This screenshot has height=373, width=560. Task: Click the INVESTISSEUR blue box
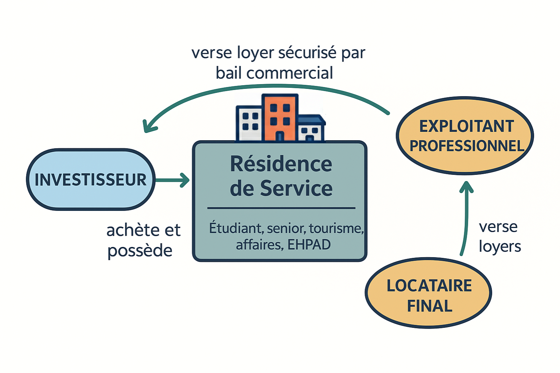click(x=91, y=180)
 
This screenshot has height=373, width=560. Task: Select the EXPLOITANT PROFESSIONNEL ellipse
click(x=465, y=136)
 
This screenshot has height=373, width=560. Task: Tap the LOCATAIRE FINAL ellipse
click(x=428, y=294)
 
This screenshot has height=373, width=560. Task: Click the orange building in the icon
click(x=280, y=117)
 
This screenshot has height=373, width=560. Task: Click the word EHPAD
click(x=309, y=245)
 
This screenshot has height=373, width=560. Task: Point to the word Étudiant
click(x=236, y=228)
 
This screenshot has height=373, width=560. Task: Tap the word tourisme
click(x=336, y=228)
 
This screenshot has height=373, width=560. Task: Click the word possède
click(x=140, y=251)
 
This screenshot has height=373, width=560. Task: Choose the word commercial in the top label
click(x=289, y=73)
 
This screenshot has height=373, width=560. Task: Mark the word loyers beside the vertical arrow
click(x=499, y=247)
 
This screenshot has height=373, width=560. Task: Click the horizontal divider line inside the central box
click(x=281, y=208)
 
